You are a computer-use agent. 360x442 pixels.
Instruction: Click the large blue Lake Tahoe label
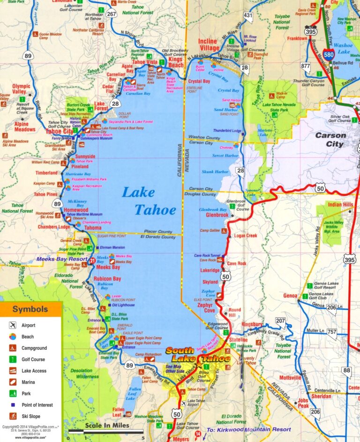point(149,201)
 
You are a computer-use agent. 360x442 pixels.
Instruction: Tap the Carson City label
point(330,140)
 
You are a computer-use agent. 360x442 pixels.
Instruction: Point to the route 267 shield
point(111,14)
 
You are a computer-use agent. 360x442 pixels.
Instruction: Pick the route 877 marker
point(306,66)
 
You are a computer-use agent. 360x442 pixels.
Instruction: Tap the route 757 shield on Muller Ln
point(331,332)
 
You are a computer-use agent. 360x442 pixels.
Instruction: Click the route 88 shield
point(346,370)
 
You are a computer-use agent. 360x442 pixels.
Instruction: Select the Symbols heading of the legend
point(30,309)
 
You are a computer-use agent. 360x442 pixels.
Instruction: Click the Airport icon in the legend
point(13,325)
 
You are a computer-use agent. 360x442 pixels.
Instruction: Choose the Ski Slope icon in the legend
point(13,416)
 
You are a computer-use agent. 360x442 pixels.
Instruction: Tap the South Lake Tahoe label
point(198,355)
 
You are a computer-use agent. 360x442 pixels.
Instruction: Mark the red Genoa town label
point(290,296)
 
